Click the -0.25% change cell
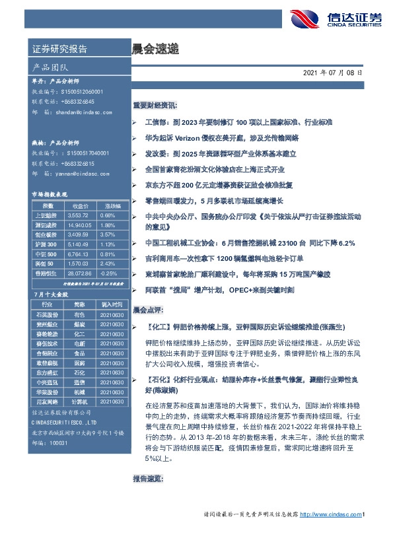pos(107,272)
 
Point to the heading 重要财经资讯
pos(155,105)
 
